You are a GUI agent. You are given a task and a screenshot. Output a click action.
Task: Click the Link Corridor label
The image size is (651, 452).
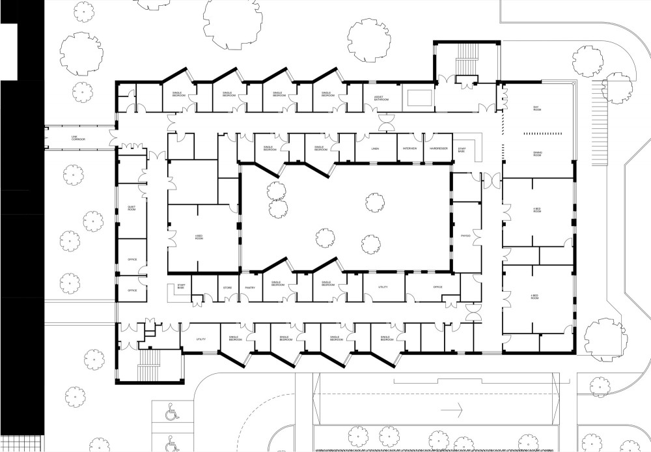[x=79, y=138]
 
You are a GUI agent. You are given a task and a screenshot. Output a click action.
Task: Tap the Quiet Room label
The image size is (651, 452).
[x=131, y=209]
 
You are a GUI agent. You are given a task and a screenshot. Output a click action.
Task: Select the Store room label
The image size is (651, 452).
[x=228, y=287]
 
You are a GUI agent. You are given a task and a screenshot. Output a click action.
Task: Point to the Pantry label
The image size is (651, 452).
[x=249, y=287]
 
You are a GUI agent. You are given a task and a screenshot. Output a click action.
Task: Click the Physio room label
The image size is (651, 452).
[x=465, y=235]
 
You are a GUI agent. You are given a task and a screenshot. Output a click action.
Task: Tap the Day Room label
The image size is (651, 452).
[x=537, y=108]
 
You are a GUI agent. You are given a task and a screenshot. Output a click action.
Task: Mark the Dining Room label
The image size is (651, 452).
[x=537, y=154]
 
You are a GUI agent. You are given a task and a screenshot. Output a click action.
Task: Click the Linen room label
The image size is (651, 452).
[x=376, y=148]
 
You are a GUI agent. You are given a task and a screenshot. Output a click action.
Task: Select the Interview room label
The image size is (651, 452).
[x=409, y=148]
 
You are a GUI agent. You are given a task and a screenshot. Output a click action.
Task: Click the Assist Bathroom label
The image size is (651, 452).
[x=381, y=99]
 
